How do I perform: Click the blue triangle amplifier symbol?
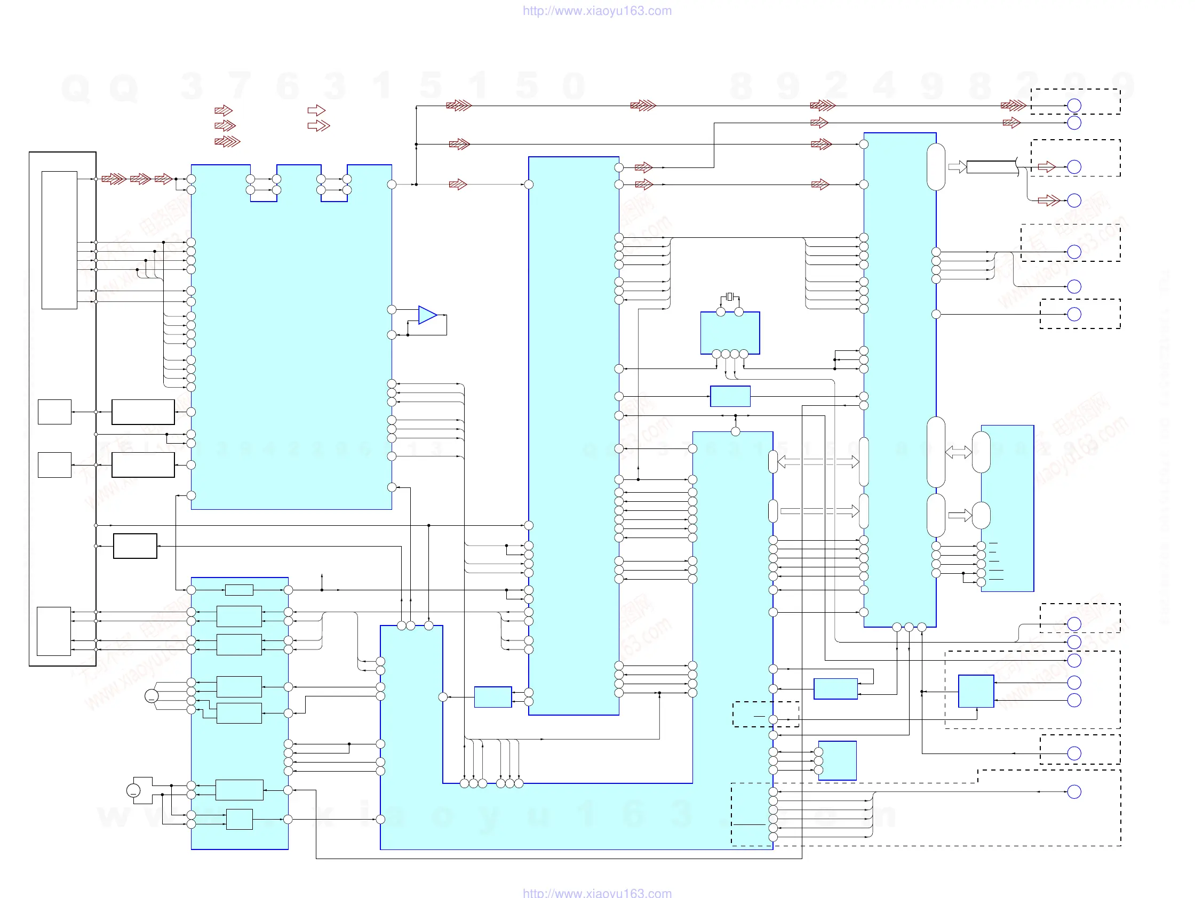[427, 315]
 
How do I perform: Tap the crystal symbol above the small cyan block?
[730, 296]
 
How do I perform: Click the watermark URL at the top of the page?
[597, 11]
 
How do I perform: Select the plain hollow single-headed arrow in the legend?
[316, 110]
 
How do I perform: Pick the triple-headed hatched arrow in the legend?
[227, 141]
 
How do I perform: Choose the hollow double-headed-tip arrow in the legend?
[318, 126]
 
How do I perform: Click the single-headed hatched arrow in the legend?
[223, 111]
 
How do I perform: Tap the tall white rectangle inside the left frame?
[59, 240]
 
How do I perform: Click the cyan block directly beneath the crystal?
[730, 333]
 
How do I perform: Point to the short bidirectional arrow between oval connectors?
[958, 453]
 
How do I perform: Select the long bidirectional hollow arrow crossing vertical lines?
[818, 462]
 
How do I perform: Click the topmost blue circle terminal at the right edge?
[1074, 106]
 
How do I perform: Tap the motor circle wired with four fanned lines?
[152, 696]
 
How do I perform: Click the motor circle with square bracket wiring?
[133, 791]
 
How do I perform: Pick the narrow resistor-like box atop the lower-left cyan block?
[239, 590]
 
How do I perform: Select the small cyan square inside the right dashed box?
[976, 691]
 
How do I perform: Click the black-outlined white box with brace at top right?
[991, 167]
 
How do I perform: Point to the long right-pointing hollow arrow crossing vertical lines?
[819, 511]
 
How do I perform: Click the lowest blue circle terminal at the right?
[1074, 792]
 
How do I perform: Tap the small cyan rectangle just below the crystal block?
[730, 396]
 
